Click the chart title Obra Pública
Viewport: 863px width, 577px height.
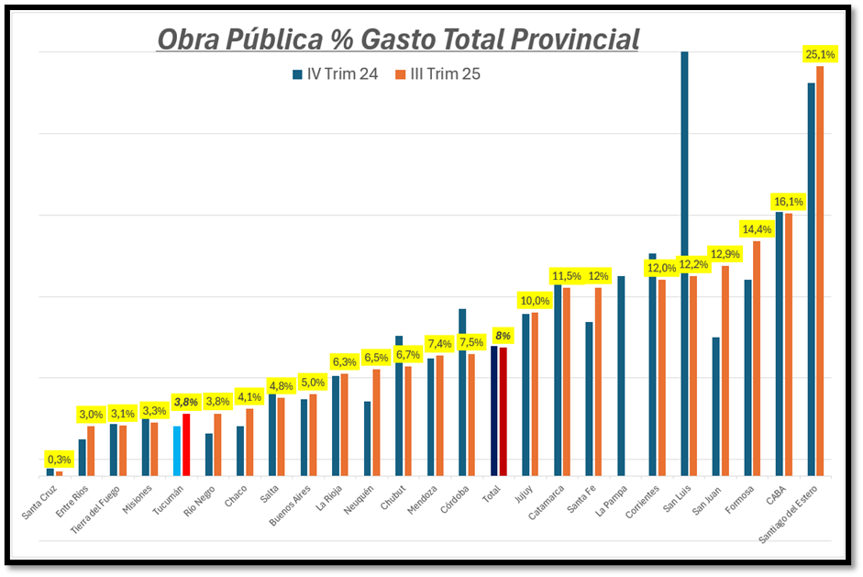pyautogui.click(x=398, y=39)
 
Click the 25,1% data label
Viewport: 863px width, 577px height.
pyautogui.click(x=819, y=55)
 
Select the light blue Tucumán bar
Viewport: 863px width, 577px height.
pyautogui.click(x=178, y=450)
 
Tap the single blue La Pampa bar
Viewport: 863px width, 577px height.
pyautogui.click(x=621, y=375)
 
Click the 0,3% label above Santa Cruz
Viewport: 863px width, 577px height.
pyautogui.click(x=59, y=460)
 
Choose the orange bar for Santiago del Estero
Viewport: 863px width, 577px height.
pyautogui.click(x=820, y=271)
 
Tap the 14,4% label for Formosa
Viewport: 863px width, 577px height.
pyautogui.click(x=756, y=229)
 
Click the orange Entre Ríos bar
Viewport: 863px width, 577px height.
pyautogui.click(x=91, y=450)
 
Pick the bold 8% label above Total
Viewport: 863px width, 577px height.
pyautogui.click(x=502, y=336)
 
